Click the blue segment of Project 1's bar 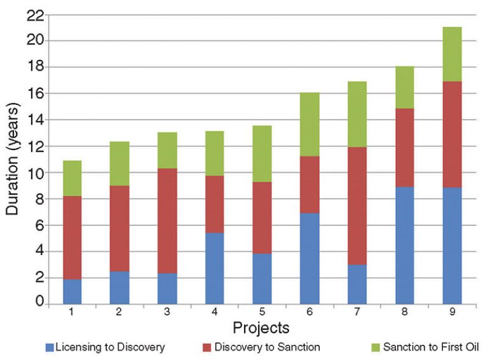tap(72, 291)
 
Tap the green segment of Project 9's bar tap(451, 54)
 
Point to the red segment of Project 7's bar tap(357, 206)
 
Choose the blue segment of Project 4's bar tap(215, 268)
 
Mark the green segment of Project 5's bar tap(262, 154)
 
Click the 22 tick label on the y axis tap(35, 15)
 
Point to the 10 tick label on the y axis tap(35, 172)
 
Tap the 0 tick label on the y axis tap(39, 302)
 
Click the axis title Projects tap(261, 328)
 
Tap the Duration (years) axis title tap(13, 159)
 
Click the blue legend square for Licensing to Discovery tap(49, 348)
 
